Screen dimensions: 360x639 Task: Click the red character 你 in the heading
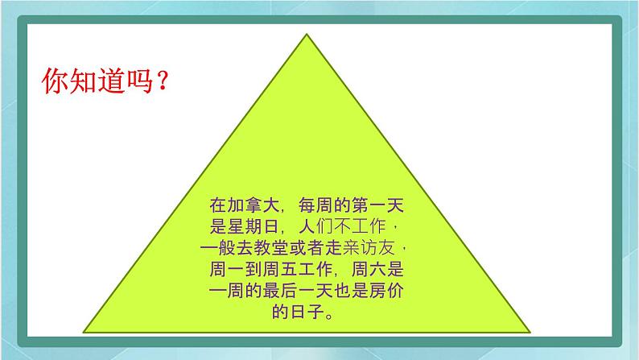coord(53,82)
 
